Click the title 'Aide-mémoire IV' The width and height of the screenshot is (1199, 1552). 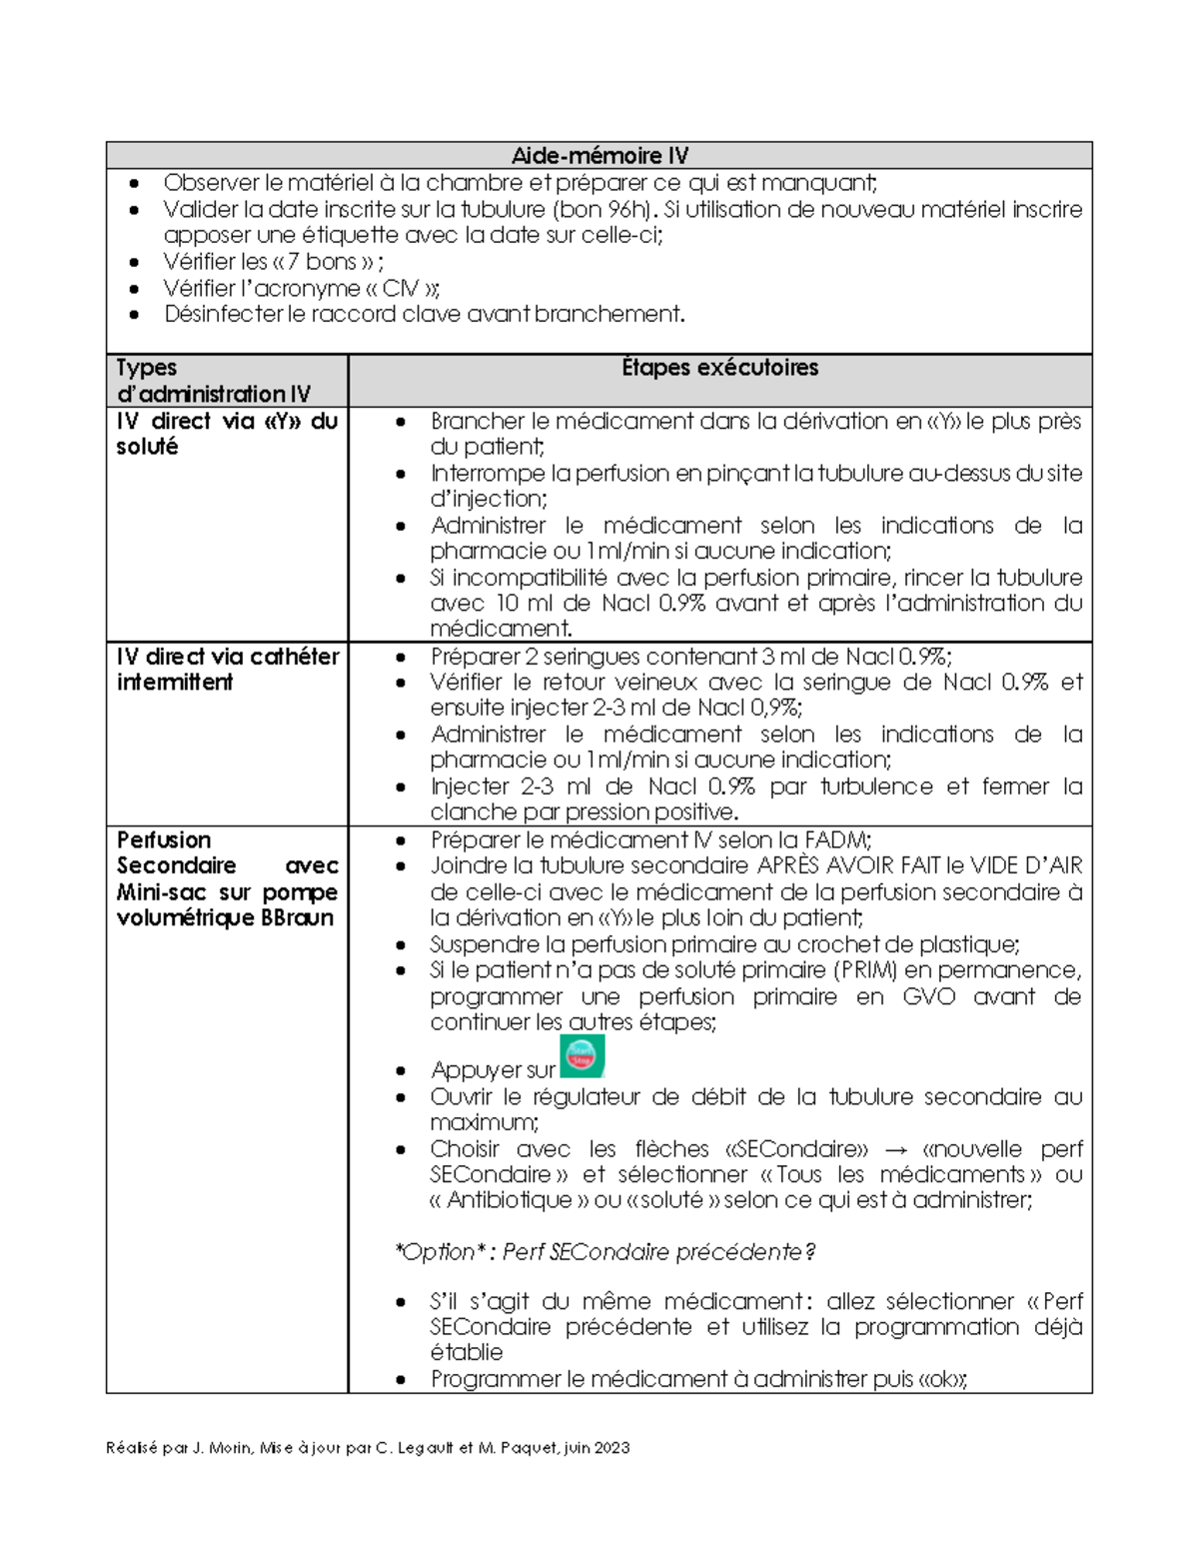(x=599, y=156)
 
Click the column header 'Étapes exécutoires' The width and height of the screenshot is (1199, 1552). (x=719, y=368)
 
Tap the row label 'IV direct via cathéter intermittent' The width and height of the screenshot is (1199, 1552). (x=227, y=670)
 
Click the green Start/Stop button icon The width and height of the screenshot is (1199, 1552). (x=583, y=1057)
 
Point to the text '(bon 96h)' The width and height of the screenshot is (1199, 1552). (x=604, y=210)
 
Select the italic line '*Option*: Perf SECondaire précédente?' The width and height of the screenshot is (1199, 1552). (x=605, y=1252)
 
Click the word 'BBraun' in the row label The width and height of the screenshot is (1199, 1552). (x=297, y=918)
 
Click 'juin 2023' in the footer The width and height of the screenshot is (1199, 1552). (x=597, y=1448)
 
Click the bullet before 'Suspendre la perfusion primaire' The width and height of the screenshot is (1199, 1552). (x=401, y=945)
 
